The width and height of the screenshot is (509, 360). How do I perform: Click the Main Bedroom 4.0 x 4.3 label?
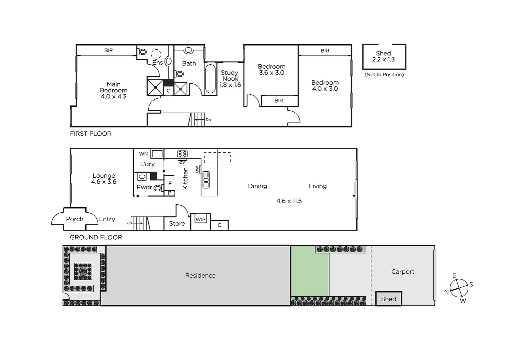[114, 90]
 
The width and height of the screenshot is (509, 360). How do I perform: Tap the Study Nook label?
[230, 76]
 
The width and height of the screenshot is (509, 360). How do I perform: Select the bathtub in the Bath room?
[210, 79]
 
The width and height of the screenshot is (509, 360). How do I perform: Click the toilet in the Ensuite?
[143, 52]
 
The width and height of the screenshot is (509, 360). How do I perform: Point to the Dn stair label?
[208, 120]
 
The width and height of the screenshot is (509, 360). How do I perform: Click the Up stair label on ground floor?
[129, 223]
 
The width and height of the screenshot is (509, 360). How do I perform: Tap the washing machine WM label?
[144, 154]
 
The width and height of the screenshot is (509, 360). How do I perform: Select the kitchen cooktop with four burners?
[182, 154]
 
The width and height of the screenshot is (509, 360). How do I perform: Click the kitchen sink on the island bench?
[206, 180]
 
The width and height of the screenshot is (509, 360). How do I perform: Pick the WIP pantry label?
[201, 219]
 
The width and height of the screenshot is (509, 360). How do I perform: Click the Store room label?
[177, 224]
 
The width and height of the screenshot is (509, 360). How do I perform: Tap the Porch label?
[75, 219]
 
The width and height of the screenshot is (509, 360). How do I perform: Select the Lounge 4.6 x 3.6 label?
[104, 179]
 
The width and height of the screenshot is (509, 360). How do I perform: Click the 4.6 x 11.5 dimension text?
[289, 201]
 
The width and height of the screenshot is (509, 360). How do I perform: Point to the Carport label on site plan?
[403, 272]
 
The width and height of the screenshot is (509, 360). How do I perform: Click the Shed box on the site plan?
[388, 299]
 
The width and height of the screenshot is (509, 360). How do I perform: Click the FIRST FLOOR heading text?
[91, 134]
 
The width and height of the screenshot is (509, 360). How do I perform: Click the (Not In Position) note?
[384, 75]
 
